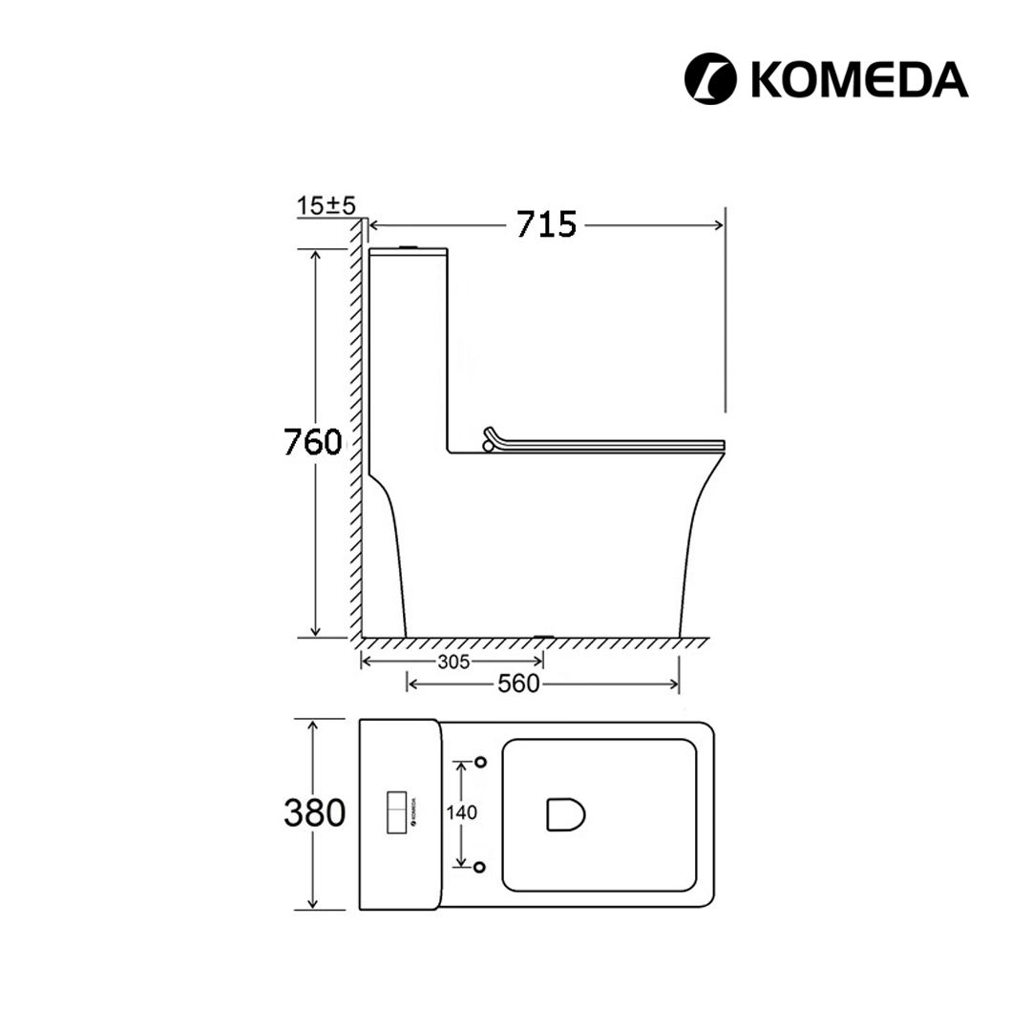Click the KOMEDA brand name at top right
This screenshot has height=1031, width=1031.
[859, 79]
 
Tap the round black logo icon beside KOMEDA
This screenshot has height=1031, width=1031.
[710, 79]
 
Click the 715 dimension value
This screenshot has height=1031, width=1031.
[546, 225]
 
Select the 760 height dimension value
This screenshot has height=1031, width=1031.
[313, 442]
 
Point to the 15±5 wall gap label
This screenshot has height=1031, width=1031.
[326, 205]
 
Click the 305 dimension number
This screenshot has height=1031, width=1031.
[453, 662]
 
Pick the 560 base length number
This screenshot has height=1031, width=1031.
[518, 684]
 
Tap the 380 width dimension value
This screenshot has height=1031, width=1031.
[314, 812]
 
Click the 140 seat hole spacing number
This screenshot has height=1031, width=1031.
[462, 812]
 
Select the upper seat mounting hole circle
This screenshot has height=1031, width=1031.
[480, 762]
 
